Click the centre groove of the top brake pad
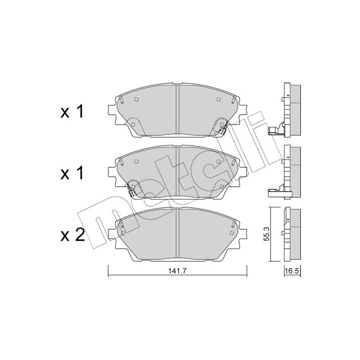pos(177,111)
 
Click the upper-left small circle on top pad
pos(136,101)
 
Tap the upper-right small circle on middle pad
pos(219,163)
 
